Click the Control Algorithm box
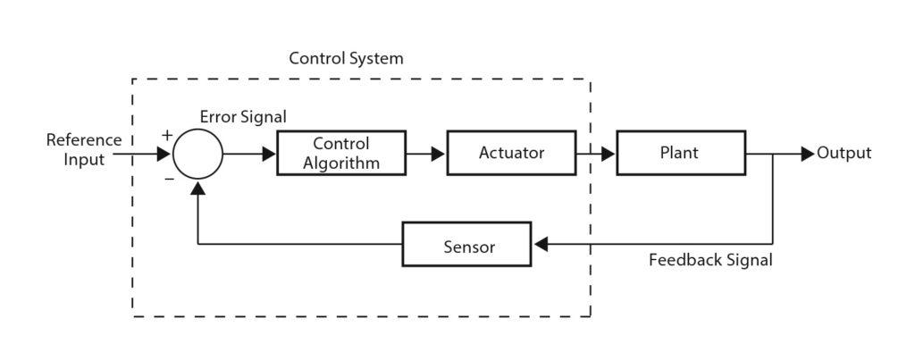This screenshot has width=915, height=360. [341, 153]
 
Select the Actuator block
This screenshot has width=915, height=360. [511, 153]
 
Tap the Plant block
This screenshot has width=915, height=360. [680, 153]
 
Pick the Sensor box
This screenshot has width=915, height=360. [468, 244]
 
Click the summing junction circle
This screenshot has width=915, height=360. [197, 154]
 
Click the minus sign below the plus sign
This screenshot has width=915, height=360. [169, 178]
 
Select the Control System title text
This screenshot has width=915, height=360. [346, 59]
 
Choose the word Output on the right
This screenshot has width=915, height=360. [844, 154]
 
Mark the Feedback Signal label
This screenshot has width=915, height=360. [710, 262]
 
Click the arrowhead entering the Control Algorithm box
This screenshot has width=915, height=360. [270, 154]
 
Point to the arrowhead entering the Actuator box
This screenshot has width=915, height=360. [438, 154]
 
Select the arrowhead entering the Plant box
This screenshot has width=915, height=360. [608, 154]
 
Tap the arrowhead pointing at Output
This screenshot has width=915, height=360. [808, 154]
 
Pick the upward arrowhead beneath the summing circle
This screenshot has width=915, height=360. [197, 187]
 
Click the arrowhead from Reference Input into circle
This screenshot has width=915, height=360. [164, 154]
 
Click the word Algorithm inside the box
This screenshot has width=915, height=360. [341, 163]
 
